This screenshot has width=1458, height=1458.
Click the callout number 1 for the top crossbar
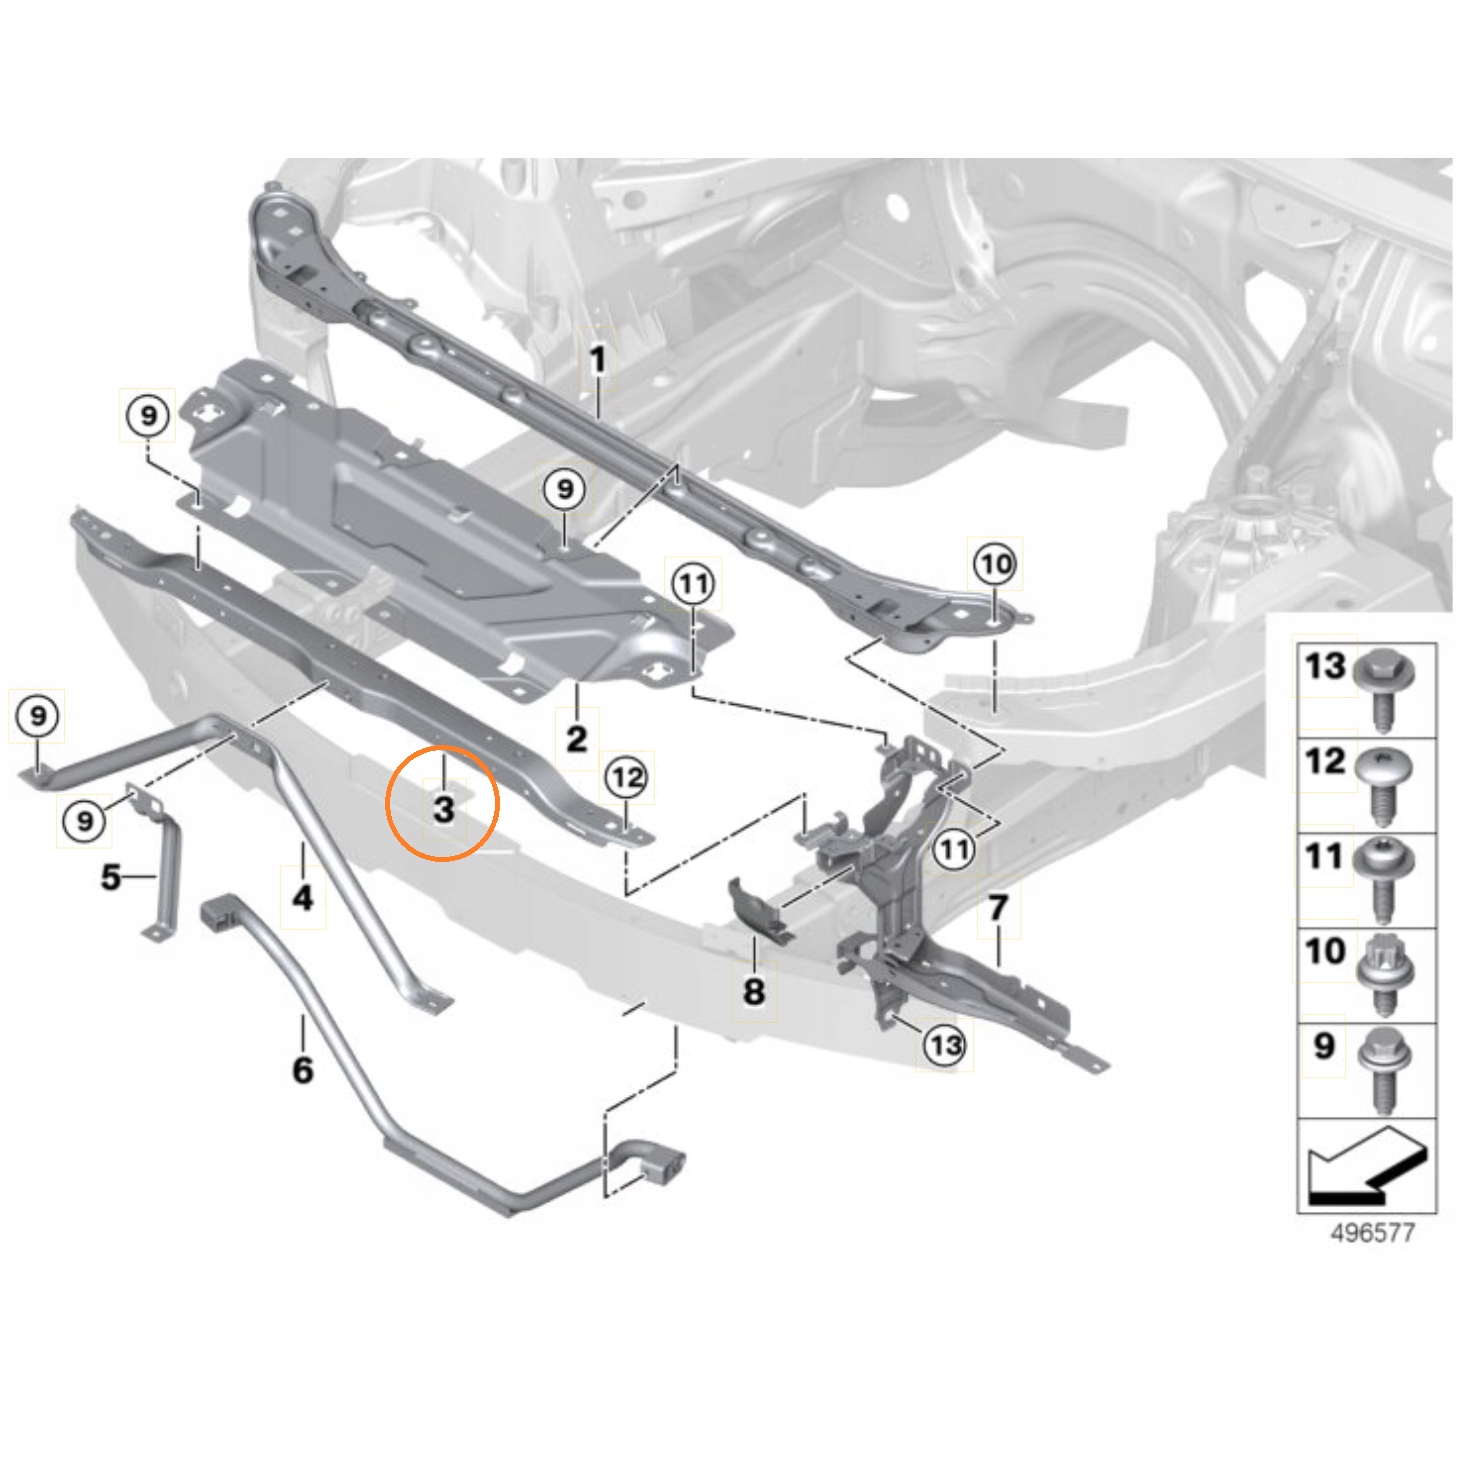coord(598,359)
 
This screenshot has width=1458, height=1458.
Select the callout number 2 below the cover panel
coord(577,738)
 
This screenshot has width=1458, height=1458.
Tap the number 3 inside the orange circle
coord(444,809)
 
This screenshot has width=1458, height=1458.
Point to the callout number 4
coord(303,898)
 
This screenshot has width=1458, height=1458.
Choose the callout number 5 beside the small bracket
coord(110,877)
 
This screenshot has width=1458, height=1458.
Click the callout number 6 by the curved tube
coord(303,1070)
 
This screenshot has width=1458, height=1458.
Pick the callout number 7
coord(998,907)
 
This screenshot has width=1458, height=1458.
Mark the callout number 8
coord(754,991)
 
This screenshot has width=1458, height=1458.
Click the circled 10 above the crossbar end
coord(995,564)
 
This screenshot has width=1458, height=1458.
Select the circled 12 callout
coord(627,777)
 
